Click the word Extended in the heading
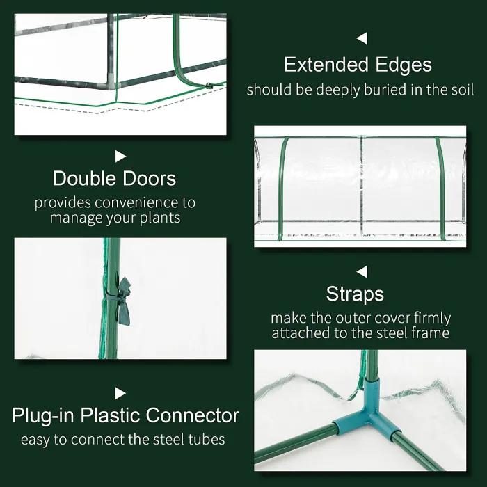coord(324,65)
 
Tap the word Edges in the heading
coord(401,65)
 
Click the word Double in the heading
coord(84,178)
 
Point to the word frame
coord(431,333)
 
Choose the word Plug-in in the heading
coord(45,416)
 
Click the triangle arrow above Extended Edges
coord(362,38)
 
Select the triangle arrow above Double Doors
coord(120,157)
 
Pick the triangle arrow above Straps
coord(362,271)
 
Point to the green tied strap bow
coord(124,297)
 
